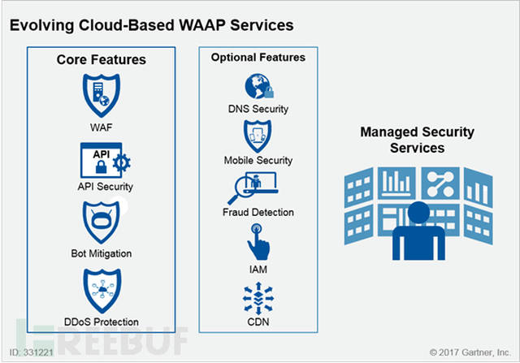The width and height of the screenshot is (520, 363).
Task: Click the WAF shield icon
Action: tap(101, 96)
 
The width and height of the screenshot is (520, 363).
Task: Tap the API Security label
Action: tap(105, 187)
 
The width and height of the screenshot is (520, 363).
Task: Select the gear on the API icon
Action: tap(121, 162)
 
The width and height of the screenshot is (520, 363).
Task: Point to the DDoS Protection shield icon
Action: tap(102, 291)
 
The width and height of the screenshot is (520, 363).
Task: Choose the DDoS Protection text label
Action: tap(101, 322)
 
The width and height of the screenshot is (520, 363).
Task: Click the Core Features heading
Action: tap(101, 59)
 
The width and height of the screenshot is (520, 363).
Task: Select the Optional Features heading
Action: tap(258, 58)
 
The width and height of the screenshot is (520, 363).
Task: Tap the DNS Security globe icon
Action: tap(259, 86)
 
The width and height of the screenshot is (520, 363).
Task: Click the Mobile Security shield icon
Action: tap(258, 136)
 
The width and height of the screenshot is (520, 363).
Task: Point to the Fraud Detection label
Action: tap(258, 212)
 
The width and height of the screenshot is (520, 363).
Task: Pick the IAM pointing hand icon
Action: tap(258, 242)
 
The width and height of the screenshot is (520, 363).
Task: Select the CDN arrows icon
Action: tap(258, 298)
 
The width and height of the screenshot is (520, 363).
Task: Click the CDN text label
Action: tap(258, 322)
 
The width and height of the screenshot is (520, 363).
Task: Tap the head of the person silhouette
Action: tap(418, 213)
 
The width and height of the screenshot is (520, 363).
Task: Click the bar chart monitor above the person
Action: tap(396, 183)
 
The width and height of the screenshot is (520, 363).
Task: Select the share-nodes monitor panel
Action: tap(440, 183)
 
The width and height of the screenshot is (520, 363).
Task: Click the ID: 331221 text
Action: tap(31, 352)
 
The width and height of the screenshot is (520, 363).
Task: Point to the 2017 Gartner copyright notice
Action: tap(470, 352)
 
